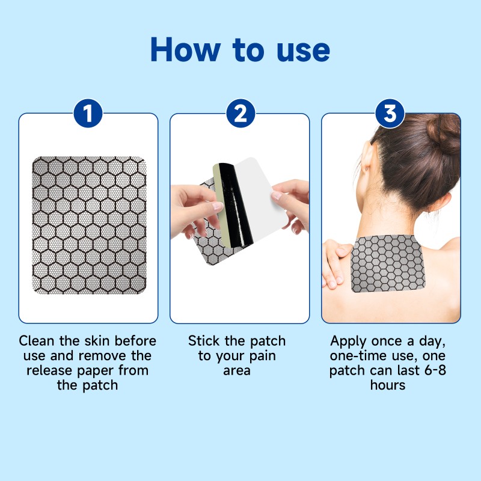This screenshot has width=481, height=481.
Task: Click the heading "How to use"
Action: [240, 51]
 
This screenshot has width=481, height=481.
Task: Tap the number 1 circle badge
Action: [88, 114]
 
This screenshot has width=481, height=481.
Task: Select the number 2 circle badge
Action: [240, 114]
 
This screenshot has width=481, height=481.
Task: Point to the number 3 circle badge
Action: [390, 114]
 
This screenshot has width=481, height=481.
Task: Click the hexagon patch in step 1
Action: [88, 225]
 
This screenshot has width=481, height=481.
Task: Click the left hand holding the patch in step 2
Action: [192, 207]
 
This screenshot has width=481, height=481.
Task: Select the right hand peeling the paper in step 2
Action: [292, 201]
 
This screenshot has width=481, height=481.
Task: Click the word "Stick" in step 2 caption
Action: [204, 341]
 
